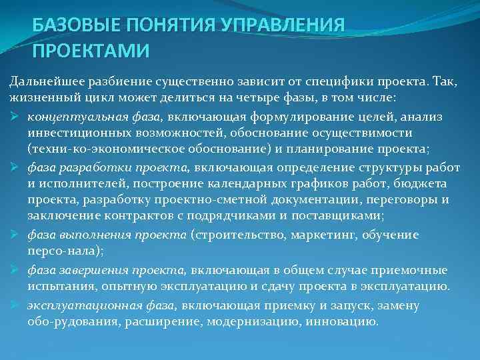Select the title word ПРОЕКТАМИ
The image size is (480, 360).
[91, 51]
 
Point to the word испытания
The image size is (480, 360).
[57, 286]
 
